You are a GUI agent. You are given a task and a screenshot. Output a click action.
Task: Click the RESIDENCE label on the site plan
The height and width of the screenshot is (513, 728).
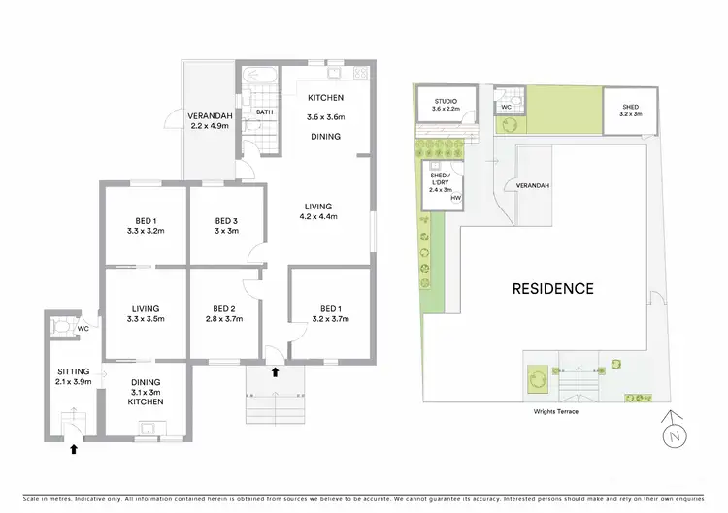click(x=552, y=288)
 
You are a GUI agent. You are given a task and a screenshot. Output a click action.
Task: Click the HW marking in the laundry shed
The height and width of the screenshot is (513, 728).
click(x=454, y=198)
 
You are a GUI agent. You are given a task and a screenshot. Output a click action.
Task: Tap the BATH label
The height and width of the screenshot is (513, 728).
click(x=264, y=112)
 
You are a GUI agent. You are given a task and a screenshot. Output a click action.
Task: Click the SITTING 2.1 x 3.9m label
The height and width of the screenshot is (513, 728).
click(x=73, y=376)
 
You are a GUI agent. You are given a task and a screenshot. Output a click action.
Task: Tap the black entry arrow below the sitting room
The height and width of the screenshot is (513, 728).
click(x=72, y=448)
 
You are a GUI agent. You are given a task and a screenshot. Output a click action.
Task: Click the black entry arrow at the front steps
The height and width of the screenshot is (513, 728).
click(x=275, y=371)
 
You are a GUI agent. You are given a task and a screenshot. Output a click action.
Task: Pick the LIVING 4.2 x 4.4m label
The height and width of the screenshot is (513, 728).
click(x=316, y=211)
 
